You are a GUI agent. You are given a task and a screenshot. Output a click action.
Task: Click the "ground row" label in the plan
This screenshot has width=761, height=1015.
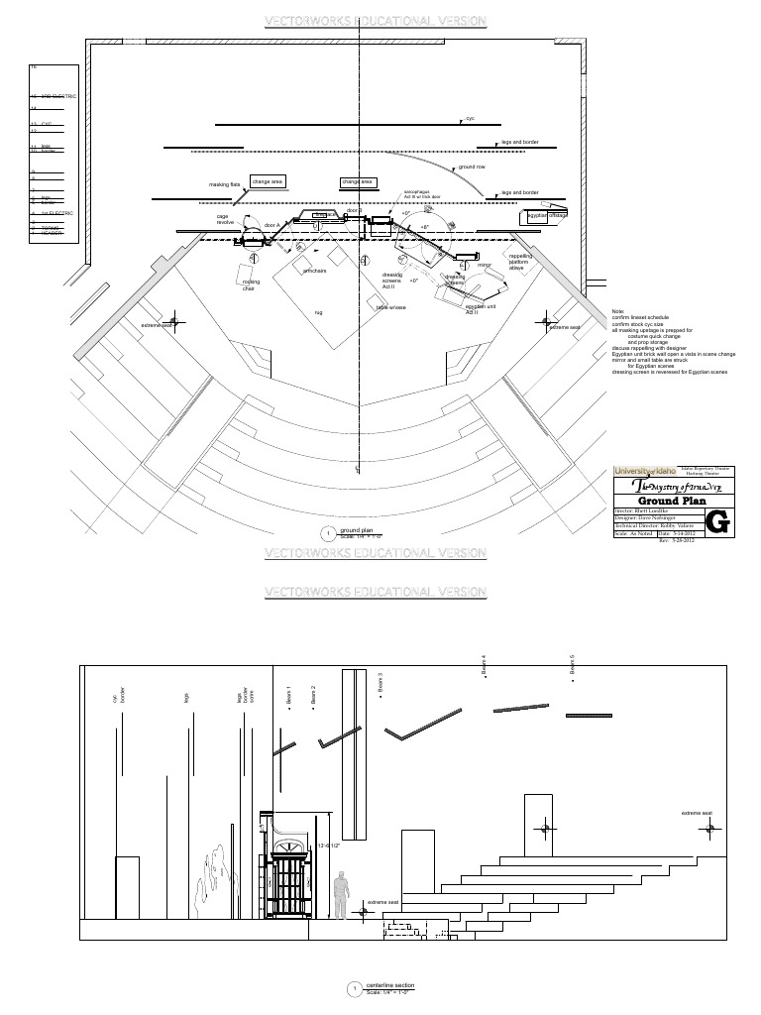[471, 168]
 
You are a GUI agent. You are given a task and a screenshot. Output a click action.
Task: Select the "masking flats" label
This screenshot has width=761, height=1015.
[224, 184]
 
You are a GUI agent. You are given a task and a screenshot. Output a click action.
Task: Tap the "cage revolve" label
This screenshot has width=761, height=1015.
[224, 220]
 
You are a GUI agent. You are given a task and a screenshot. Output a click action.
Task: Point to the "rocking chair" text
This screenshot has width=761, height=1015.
[250, 285]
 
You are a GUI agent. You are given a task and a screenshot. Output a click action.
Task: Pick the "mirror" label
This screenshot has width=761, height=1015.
[484, 266]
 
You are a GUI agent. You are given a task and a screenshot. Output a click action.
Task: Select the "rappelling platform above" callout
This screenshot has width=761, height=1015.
[520, 262]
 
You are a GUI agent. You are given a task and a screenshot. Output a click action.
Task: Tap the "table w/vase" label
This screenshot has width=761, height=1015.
[390, 307]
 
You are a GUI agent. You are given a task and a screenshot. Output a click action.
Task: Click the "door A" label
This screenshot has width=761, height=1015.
[272, 226]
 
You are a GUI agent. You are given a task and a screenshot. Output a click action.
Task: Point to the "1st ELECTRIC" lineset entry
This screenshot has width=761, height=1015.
[56, 213]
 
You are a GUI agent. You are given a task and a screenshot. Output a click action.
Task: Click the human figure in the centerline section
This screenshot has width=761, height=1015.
[340, 893]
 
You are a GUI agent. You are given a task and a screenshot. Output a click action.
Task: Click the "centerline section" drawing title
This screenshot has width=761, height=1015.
[390, 984]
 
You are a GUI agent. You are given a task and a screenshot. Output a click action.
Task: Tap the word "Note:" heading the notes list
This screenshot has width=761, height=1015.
[618, 312]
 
